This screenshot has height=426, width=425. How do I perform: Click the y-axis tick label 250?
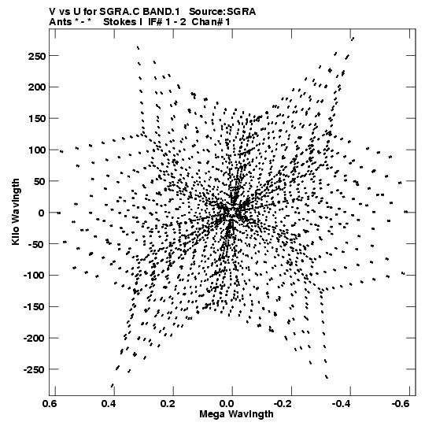36,56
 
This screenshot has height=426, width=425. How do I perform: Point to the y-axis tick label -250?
34,370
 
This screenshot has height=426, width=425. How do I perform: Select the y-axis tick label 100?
36,150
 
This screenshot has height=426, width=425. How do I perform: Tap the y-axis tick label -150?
34,307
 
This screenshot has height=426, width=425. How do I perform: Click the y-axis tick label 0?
41,213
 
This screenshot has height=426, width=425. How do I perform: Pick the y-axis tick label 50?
39,181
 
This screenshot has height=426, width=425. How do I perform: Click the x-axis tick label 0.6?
50,403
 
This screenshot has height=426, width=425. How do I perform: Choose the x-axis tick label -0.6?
401,403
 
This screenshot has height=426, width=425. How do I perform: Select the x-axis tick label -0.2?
283,403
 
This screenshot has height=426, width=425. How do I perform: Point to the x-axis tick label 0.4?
109,403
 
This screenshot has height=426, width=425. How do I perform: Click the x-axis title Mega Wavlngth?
236,414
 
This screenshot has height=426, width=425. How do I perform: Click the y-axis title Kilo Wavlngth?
16,212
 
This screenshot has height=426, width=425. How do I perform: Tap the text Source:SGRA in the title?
223,12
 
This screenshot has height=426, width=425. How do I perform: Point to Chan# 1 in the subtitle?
211,22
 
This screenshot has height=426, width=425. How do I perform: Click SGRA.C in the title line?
120,12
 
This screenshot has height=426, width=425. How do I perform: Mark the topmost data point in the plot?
353,39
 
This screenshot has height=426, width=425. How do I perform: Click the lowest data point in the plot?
113,385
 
